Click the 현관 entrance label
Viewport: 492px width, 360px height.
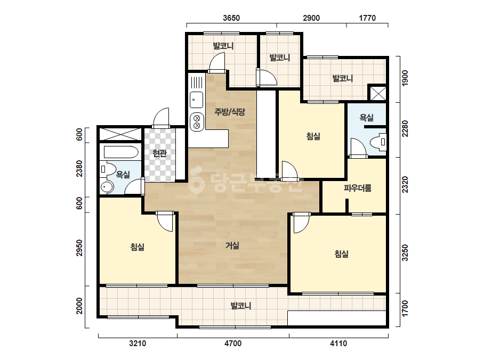pos(159,153)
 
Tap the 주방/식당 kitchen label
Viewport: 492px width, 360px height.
pos(230,112)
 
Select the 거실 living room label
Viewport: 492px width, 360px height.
pos(232,246)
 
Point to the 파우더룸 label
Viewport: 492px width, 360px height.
pos(357,188)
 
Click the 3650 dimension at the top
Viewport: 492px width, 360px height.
pos(231,18)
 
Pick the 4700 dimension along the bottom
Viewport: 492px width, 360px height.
pos(233,343)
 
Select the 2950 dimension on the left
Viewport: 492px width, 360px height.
pos(80,248)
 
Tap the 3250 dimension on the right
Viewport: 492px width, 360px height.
pos(406,253)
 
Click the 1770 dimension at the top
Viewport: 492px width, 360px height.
pos(367,18)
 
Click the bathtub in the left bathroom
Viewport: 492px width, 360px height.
pos(121,152)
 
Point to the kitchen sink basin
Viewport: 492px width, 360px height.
pos(196,100)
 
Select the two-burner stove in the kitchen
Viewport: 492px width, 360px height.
pos(197,122)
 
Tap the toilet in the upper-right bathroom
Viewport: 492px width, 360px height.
pos(378,142)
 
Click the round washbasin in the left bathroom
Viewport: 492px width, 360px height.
pos(107,187)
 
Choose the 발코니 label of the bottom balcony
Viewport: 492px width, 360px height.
pos(240,306)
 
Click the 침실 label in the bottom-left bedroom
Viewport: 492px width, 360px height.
pos(138,247)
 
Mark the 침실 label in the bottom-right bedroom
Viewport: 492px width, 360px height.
pos(341,253)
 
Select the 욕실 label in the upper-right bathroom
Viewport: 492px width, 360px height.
pos(366,118)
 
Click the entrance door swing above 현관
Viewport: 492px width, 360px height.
pos(161,118)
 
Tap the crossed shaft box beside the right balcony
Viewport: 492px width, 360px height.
pos(378,93)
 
